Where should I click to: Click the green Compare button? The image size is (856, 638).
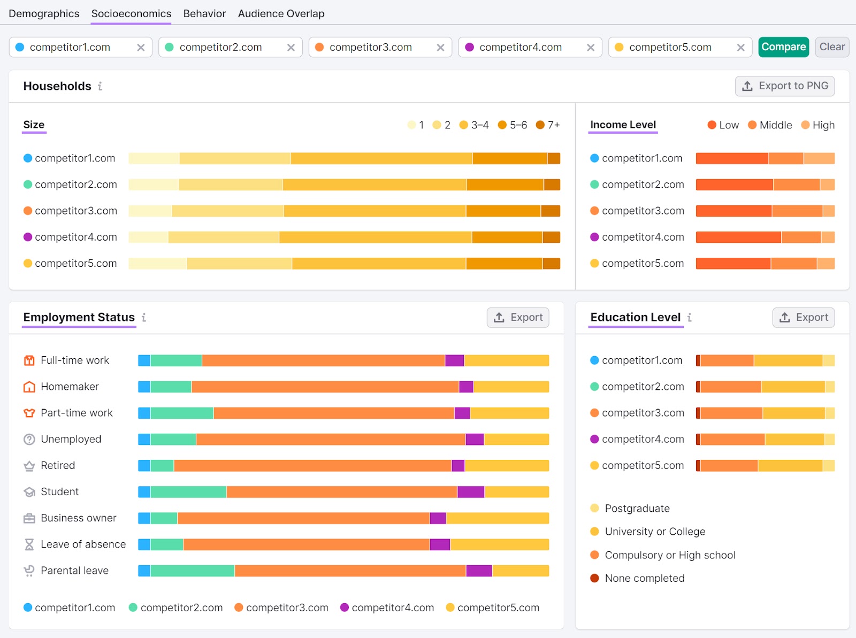[x=783, y=47]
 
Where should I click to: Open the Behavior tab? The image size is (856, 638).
[x=204, y=13]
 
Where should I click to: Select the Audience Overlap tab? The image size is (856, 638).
[x=281, y=13]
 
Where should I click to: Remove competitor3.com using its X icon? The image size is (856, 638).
[x=440, y=48]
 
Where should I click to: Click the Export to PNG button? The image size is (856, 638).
[x=785, y=86]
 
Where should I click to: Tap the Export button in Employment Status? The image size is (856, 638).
[x=518, y=318]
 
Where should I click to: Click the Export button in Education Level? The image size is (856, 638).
[x=803, y=318]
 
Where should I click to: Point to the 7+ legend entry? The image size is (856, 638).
[x=548, y=125]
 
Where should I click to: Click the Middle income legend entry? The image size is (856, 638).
[x=770, y=125]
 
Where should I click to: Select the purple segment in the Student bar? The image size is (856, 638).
[x=471, y=491]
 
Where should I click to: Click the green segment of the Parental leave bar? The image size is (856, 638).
[x=193, y=571]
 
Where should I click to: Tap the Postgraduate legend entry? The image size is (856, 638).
[x=637, y=509]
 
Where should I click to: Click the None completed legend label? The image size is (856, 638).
[x=644, y=578]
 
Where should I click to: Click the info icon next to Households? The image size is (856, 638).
[x=100, y=86]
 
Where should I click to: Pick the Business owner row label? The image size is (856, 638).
[x=78, y=518]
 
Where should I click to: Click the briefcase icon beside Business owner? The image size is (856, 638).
[x=29, y=518]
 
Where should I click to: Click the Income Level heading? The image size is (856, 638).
[x=623, y=125]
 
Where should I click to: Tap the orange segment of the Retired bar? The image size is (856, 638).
[x=312, y=465]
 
